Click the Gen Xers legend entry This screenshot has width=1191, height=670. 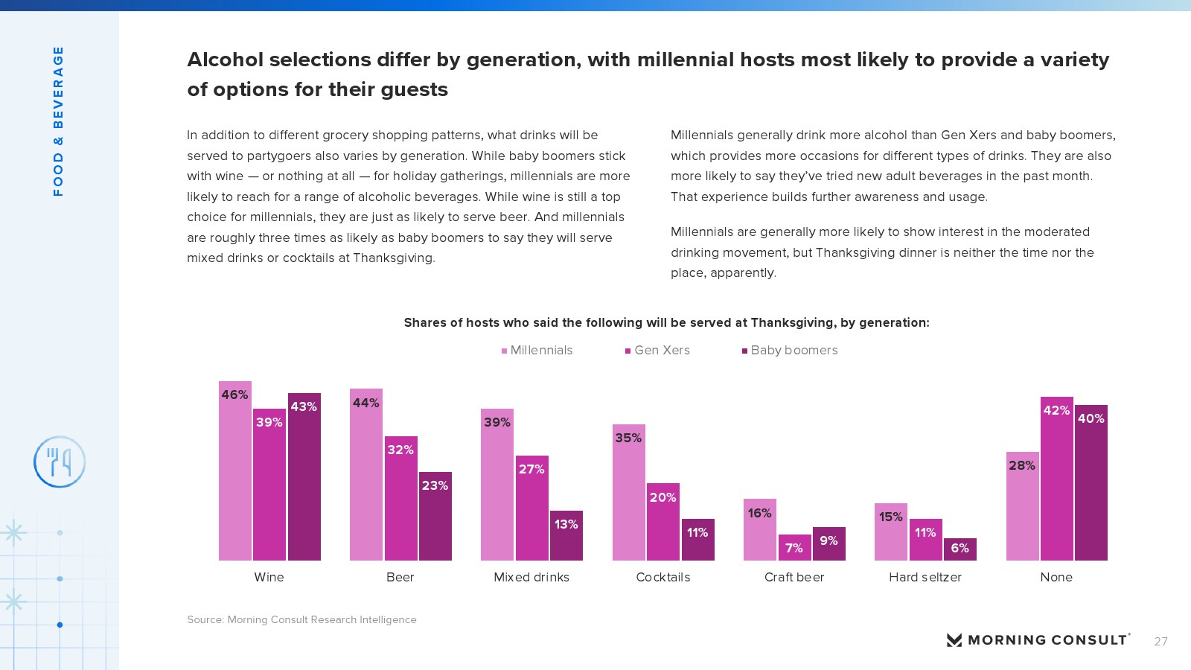657,351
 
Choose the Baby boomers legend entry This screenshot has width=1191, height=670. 790,351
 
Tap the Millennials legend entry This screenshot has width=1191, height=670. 537,351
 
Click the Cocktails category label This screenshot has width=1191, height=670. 663,577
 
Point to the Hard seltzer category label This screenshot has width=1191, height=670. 925,577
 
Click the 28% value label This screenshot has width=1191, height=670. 1022,465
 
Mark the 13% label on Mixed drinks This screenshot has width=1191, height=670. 566,524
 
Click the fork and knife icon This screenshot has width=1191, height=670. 60,462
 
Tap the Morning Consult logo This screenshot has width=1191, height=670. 1038,639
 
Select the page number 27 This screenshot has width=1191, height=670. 1160,641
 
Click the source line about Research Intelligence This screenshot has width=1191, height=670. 301,619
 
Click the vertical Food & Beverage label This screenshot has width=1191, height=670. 58,121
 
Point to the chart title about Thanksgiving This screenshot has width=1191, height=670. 666,322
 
